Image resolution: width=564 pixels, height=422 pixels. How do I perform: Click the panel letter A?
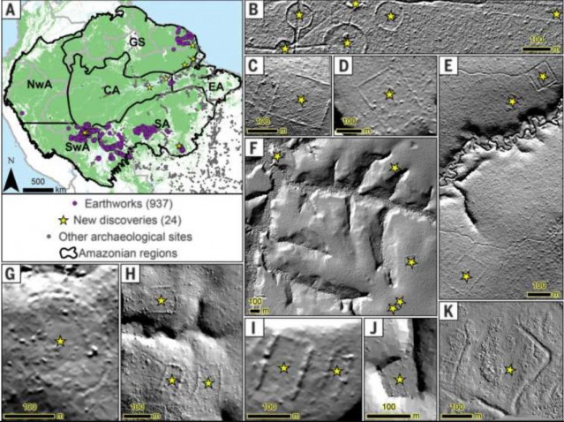[x=11, y=11]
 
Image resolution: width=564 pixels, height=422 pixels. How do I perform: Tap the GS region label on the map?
[x=139, y=43]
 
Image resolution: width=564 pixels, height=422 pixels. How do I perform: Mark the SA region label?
[x=160, y=123]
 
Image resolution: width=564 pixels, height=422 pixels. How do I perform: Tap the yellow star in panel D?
[x=387, y=94]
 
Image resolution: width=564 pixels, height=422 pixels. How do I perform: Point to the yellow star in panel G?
[x=59, y=340]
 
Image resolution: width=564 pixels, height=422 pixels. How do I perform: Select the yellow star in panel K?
[x=510, y=371]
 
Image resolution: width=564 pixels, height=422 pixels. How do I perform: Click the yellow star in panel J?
[x=400, y=379]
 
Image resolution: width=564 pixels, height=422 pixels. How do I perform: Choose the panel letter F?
[x=254, y=147]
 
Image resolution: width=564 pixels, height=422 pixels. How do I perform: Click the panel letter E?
[x=449, y=67]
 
